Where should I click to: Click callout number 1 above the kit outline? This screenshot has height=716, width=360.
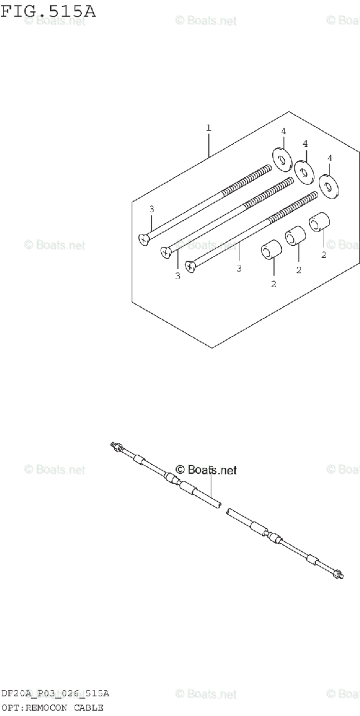pos(208,127)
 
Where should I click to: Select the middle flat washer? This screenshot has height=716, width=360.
pos(304,172)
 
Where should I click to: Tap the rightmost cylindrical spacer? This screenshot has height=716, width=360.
pos(319,224)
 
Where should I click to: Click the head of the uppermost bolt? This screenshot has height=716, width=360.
pos(144,239)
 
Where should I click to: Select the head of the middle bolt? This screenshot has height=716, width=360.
pos(167,253)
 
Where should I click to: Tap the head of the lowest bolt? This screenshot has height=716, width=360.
pos(190,267)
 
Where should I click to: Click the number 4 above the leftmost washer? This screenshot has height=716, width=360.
pos(284,131)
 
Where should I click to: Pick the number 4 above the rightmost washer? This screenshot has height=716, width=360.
pos(329,158)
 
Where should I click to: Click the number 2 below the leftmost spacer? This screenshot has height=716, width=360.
pos(273,283)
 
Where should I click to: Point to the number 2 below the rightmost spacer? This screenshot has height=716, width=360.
pos(323,255)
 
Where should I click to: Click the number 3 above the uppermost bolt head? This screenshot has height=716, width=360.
pos(152,209)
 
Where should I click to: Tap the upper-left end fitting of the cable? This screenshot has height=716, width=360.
pos(116,446)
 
